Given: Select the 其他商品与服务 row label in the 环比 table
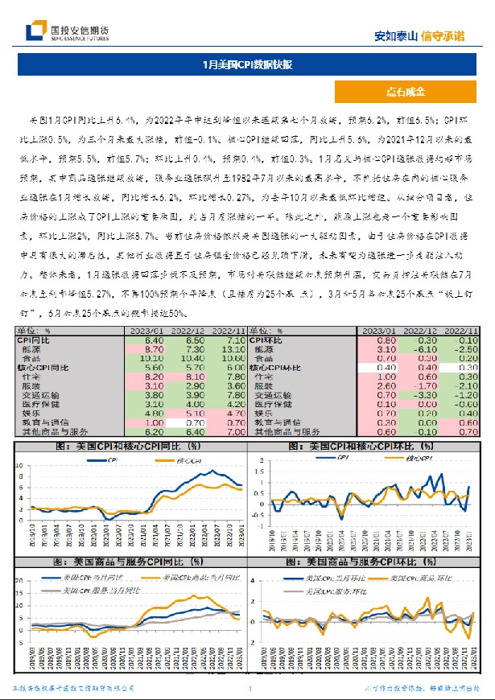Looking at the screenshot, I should [287, 432].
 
